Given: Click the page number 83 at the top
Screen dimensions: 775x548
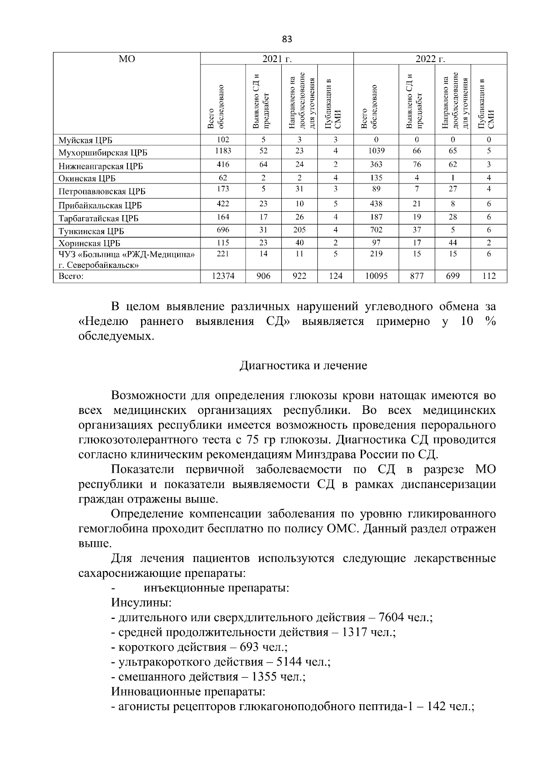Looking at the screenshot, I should coord(287,39).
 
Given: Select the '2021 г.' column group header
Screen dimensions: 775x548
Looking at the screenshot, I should coord(277,59).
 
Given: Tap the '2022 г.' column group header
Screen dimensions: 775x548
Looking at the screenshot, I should coord(430,59).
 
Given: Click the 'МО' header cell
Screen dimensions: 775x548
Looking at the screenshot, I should coord(126,59).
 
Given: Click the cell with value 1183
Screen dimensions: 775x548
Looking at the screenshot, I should coord(223,151).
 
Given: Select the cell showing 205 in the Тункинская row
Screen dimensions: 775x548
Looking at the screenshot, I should coord(300,230).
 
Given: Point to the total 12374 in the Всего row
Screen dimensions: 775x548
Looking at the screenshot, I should coord(223,276).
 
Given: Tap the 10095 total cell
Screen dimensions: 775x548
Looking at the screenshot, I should coord(376,276).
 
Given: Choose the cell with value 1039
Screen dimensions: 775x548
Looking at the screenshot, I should coord(376,151).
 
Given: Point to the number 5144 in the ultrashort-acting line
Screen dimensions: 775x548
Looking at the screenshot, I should coord(290,662).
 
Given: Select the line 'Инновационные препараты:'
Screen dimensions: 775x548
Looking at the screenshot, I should coord(188,691).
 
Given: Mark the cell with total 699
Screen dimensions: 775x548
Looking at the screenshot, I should coord(453,276).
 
